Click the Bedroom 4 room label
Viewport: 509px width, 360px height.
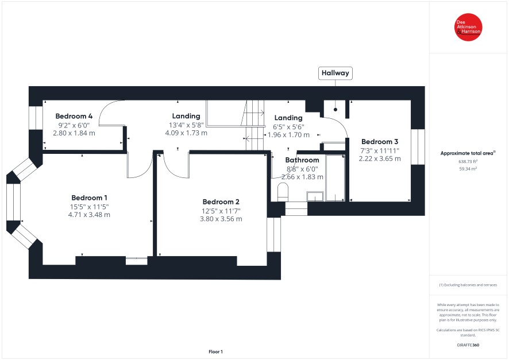74,116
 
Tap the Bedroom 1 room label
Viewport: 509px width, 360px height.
89,198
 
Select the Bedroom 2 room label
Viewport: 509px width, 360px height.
221,202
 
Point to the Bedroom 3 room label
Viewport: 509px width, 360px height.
380,142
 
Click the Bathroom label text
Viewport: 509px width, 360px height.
302,160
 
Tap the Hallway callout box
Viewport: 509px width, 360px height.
336,73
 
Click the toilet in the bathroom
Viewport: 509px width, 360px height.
283,192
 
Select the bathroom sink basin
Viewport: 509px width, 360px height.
315,196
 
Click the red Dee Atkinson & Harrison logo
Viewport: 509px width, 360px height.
468,27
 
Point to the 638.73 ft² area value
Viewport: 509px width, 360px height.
468,161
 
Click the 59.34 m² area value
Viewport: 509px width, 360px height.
468,169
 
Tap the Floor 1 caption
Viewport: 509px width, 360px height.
215,351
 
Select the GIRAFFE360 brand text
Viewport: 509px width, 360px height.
468,344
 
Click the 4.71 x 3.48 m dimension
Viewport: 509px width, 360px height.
89,215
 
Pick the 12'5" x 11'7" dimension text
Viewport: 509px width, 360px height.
221,211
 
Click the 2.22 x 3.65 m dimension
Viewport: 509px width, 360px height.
380,158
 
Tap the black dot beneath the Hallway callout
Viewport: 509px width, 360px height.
336,110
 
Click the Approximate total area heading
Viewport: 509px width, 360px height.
468,153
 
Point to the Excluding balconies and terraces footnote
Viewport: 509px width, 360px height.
468,285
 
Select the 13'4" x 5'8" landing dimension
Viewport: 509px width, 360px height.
186,125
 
